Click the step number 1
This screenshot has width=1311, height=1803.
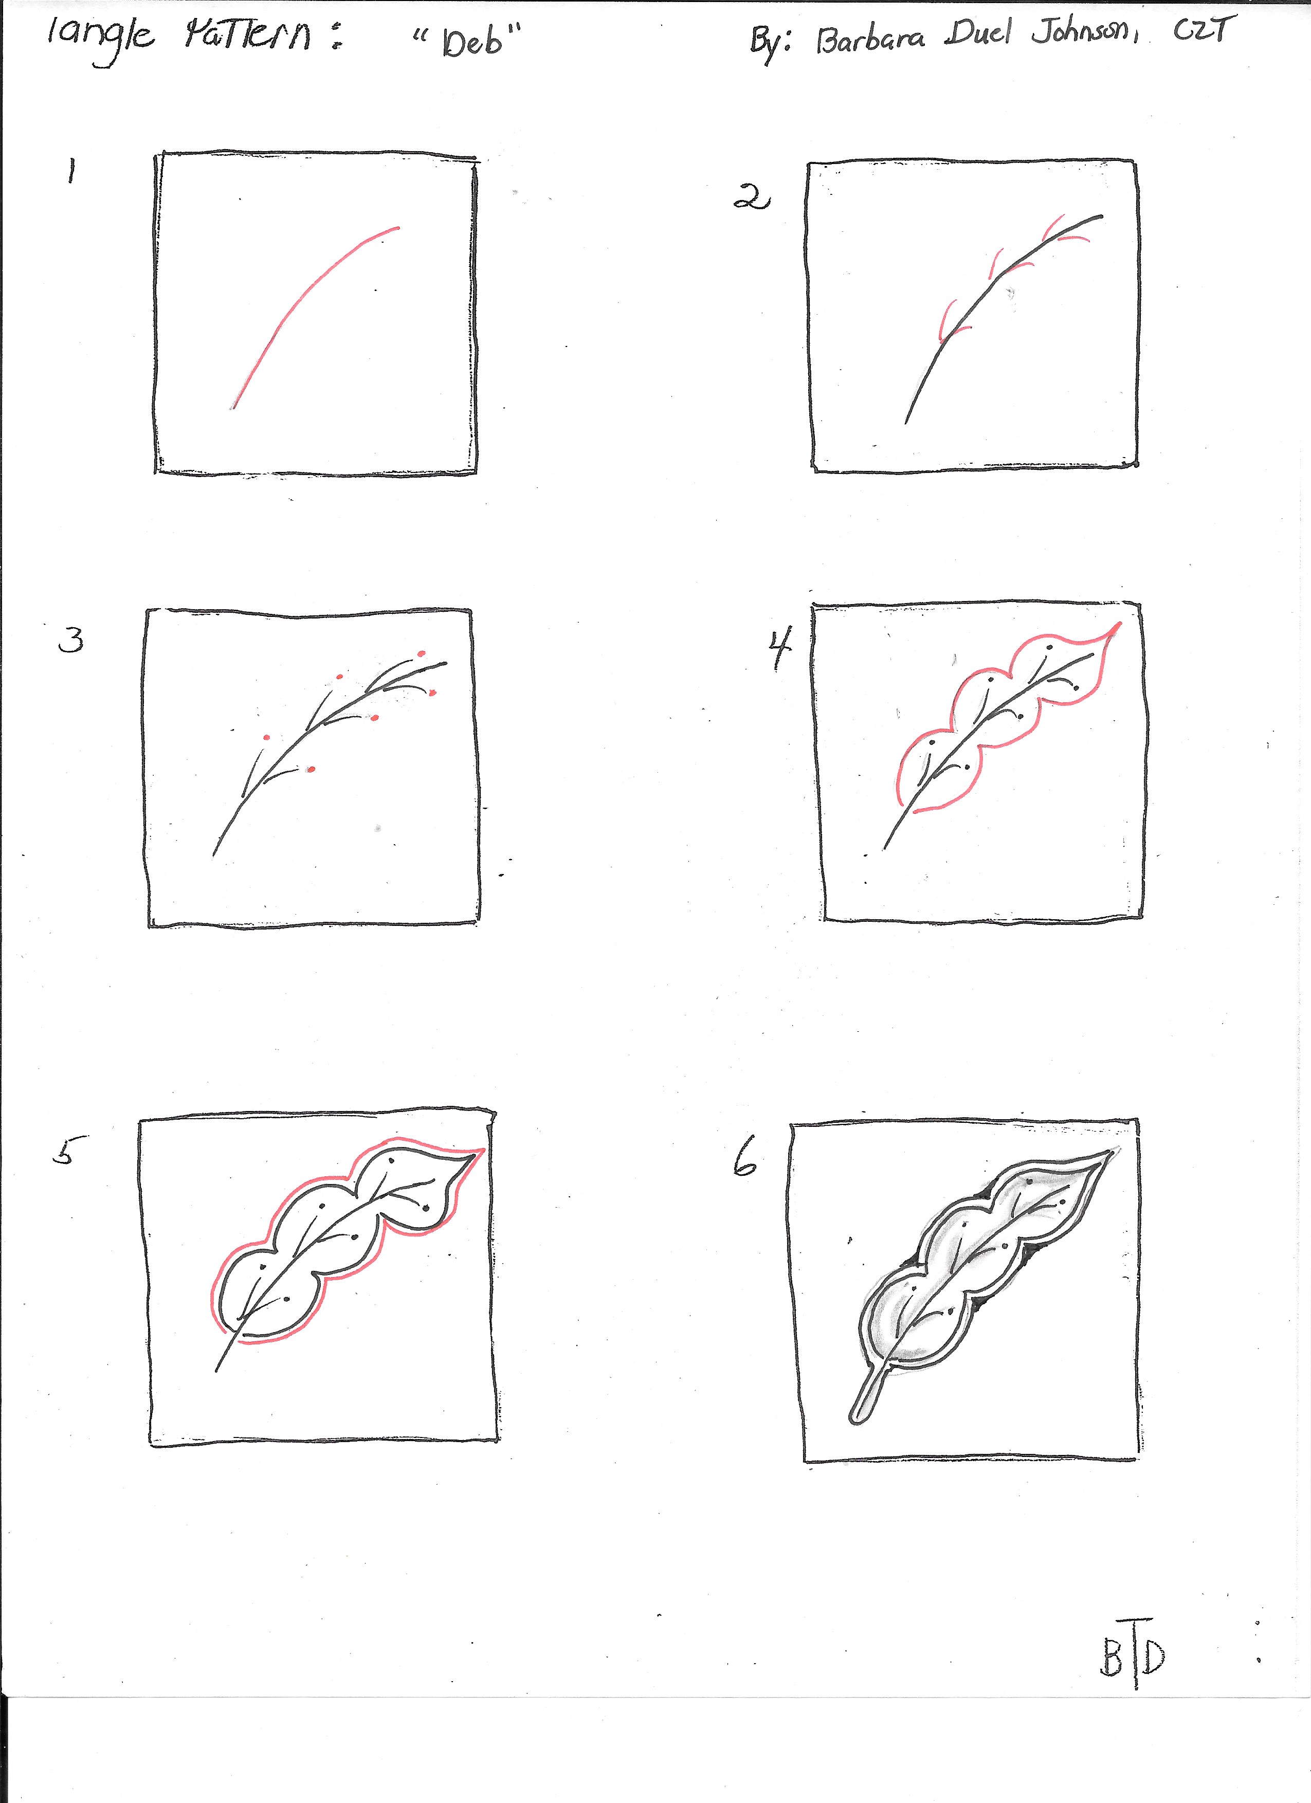coord(71,171)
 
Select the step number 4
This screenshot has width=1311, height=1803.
coord(780,647)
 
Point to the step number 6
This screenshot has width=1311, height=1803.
coord(745,1162)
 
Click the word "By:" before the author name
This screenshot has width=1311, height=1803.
coord(770,44)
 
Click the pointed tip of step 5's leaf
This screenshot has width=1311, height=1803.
coord(483,1150)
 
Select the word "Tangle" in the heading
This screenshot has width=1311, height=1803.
coord(99,38)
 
